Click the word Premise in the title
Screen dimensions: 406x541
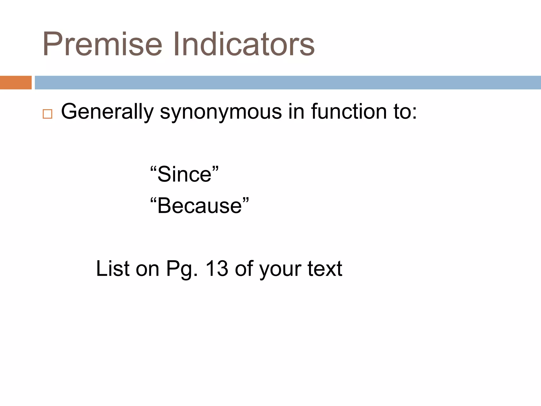(x=102, y=44)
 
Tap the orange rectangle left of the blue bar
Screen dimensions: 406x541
(x=16, y=82)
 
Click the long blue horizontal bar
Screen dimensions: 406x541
(x=288, y=82)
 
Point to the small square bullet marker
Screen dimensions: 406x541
(x=48, y=114)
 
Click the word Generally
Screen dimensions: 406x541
(x=107, y=112)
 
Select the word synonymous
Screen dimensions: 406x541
(x=221, y=112)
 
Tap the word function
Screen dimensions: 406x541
(x=349, y=112)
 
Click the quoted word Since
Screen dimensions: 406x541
(x=184, y=174)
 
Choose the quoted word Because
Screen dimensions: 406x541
(x=199, y=206)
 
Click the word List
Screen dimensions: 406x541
(x=113, y=269)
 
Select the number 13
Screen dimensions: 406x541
(x=217, y=269)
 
